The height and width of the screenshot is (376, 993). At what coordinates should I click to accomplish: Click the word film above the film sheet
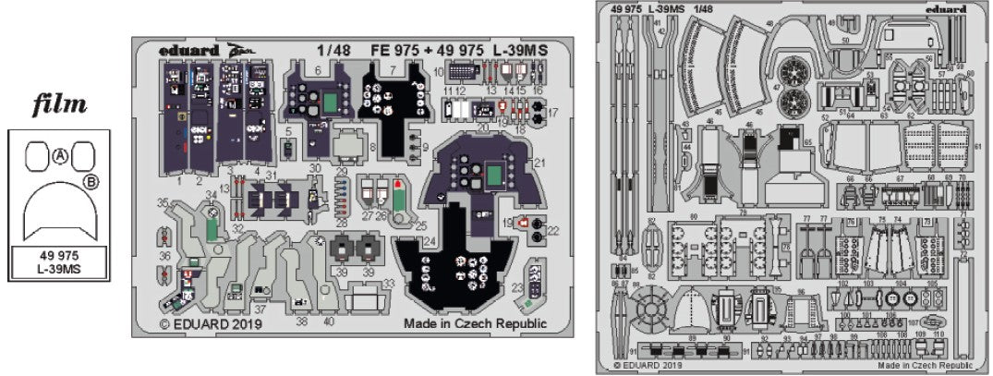[59, 106]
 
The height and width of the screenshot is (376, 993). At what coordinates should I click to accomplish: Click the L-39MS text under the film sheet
[59, 270]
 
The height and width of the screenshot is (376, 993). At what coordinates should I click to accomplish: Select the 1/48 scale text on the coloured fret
[331, 50]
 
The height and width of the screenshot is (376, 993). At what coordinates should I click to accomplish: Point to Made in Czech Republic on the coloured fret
[475, 324]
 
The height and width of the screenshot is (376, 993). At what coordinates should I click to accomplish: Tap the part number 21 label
[539, 163]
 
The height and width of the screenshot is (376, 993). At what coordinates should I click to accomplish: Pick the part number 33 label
[389, 283]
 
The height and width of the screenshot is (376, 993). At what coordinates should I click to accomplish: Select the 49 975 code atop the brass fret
[625, 10]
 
